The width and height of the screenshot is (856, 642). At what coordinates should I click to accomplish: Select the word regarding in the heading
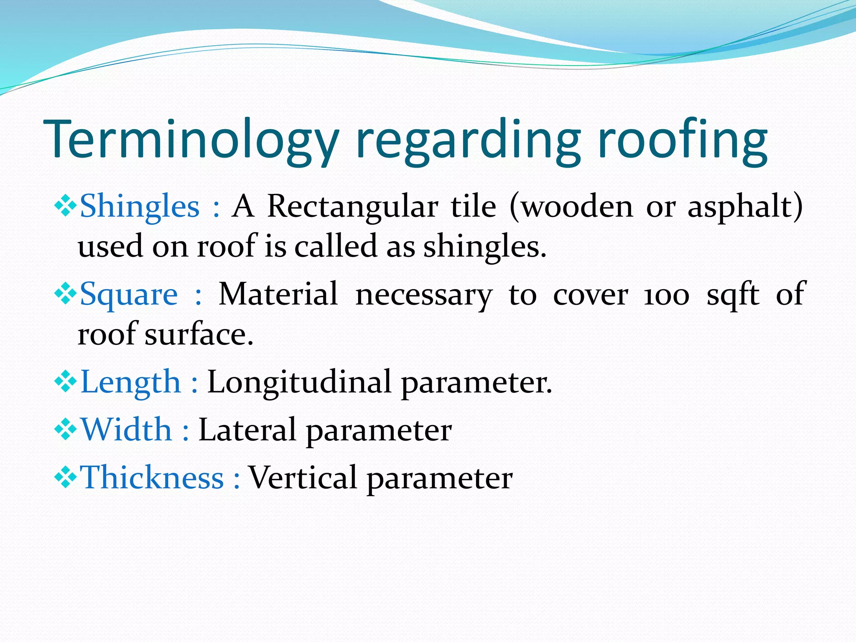pos(467,140)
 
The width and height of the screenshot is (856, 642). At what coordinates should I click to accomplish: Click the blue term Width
pos(126,430)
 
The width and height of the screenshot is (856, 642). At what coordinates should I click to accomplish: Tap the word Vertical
pos(303,477)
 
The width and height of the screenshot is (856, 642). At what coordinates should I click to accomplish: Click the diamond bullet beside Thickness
pos(66,478)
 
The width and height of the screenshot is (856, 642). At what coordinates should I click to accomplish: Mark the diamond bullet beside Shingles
pos(66,206)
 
